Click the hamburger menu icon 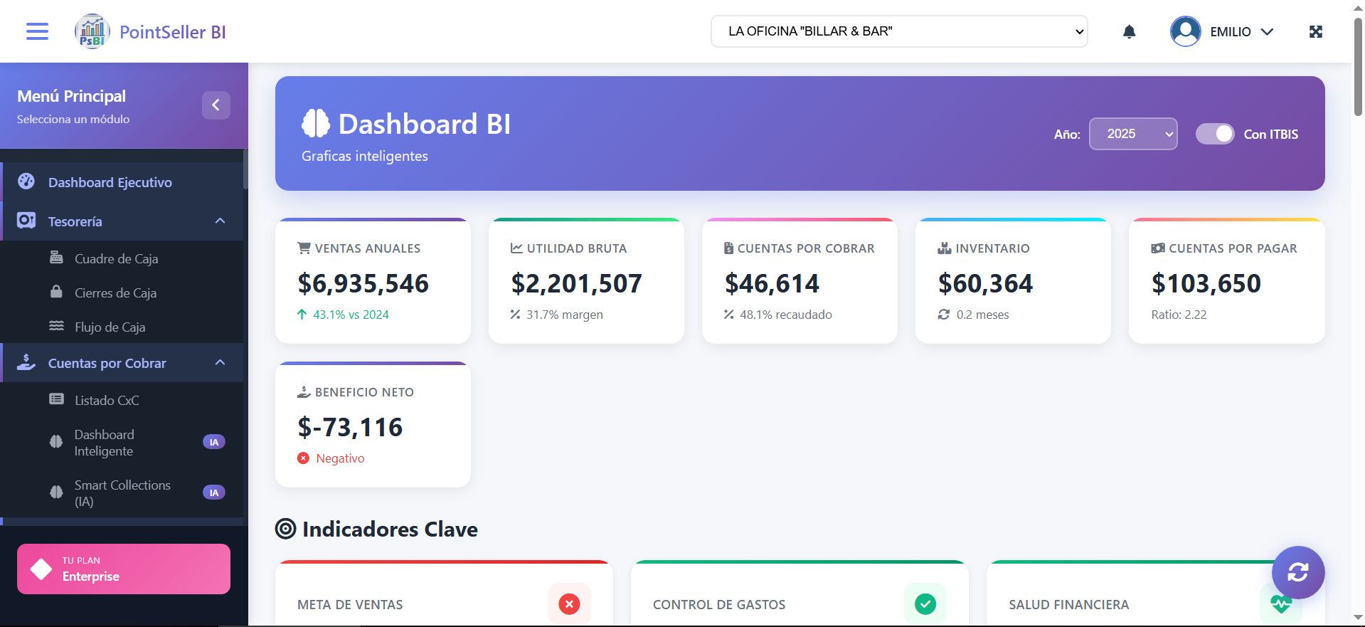coord(37,31)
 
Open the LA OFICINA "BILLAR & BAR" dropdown coord(898,31)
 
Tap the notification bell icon coord(1129,31)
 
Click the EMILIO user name coord(1230,32)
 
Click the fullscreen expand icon coord(1315,31)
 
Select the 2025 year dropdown coord(1132,134)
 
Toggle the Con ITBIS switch coord(1214,134)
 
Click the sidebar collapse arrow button coord(216,105)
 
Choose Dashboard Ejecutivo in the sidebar coord(110,182)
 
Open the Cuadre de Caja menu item coord(116,259)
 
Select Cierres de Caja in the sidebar coord(115,293)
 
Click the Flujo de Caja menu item coord(110,327)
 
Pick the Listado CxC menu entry coord(107,401)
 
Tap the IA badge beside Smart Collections coord(214,492)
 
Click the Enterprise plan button coord(123,569)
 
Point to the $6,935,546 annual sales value coord(363,283)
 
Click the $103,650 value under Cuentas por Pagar coord(1206,283)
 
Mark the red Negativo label coord(340,458)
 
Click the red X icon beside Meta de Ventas coord(569,604)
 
